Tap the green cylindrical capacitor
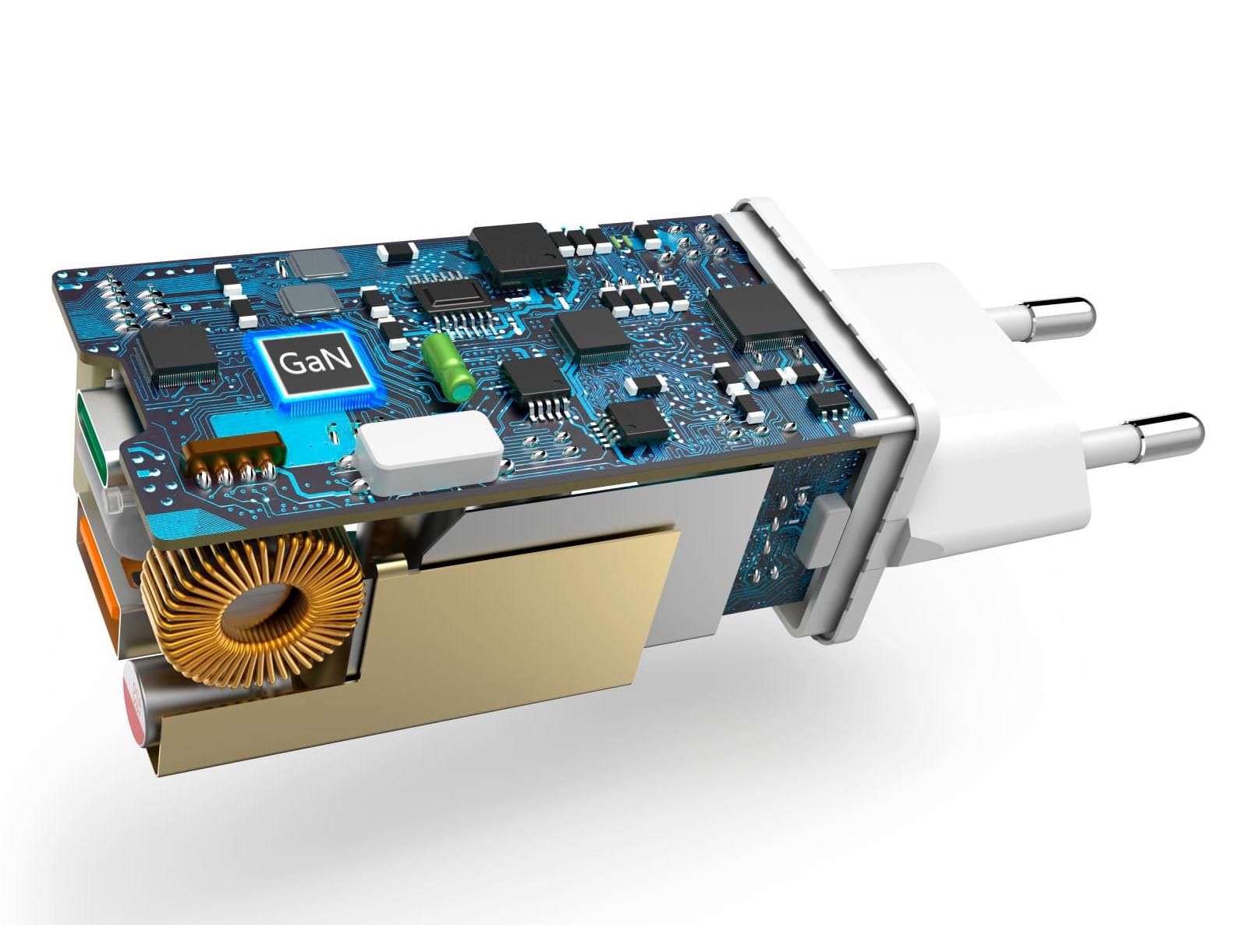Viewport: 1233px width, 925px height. pyautogui.click(x=448, y=367)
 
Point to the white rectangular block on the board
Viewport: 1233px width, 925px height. pyautogui.click(x=430, y=452)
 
